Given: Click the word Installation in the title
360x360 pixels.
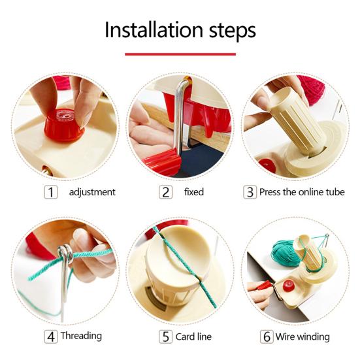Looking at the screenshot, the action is [154, 30].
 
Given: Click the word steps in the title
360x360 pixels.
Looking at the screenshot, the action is [233, 31].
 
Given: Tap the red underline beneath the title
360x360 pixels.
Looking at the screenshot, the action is [180, 54].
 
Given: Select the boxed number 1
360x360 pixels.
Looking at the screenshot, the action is [51, 192].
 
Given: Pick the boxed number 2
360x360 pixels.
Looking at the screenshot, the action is [165, 192].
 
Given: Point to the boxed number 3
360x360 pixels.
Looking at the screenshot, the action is [250, 192].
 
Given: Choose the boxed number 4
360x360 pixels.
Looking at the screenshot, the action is [51, 336].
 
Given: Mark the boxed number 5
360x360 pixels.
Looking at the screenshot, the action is [165, 336].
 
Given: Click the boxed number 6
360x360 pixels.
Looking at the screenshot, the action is [267, 336].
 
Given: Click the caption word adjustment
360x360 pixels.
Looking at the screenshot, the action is [92, 192].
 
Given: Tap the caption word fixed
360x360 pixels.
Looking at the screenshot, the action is [194, 191].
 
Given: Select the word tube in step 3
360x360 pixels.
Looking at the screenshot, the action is [335, 192].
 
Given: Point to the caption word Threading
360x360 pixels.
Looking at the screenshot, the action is [81, 336].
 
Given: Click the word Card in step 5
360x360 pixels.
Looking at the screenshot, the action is [185, 336].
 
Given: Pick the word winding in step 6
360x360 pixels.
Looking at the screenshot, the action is [313, 337].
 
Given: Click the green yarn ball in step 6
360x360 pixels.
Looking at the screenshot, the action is [284, 253].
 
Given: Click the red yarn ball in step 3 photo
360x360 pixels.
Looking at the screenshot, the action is [313, 89].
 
